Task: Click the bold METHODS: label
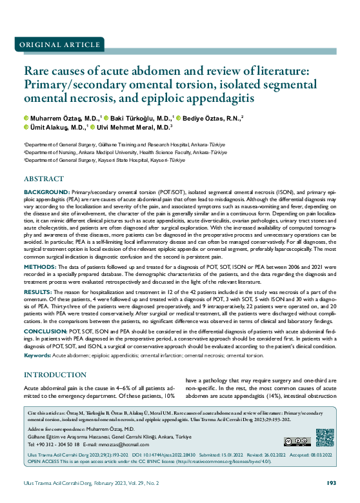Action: coord(41,266)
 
